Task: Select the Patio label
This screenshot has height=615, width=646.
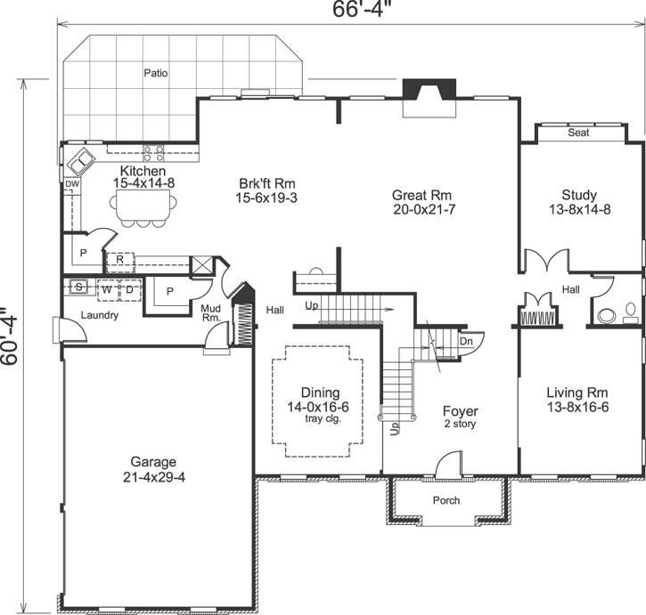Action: click(156, 73)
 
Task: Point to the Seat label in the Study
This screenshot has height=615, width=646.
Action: click(578, 134)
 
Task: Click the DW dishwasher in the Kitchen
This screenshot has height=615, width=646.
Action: click(71, 184)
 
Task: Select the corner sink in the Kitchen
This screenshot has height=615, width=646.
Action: click(83, 161)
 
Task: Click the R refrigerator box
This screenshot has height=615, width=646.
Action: click(119, 261)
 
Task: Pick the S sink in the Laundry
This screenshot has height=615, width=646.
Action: click(79, 288)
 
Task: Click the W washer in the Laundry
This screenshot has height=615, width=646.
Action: click(105, 288)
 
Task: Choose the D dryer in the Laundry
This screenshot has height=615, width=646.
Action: click(128, 288)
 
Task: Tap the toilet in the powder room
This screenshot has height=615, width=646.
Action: click(608, 313)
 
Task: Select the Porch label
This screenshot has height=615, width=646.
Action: click(446, 500)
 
